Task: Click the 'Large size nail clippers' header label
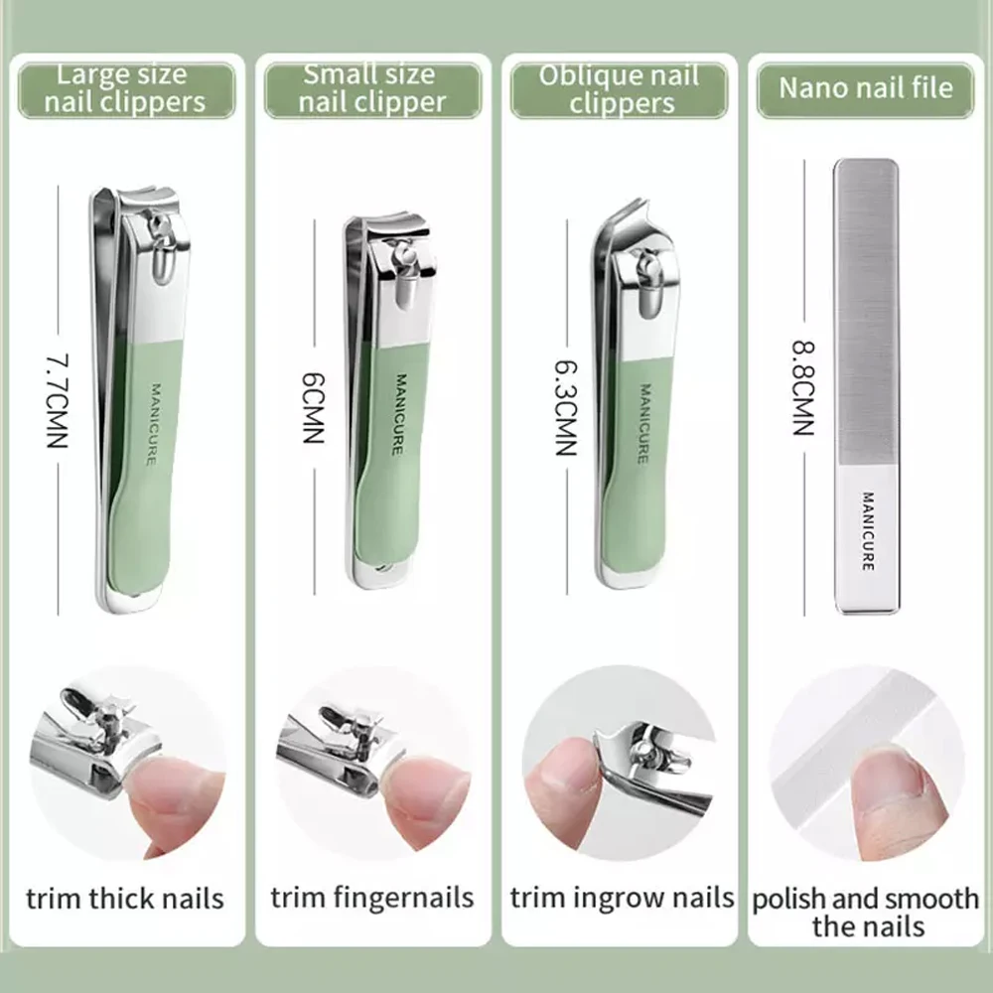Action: pyautogui.click(x=126, y=88)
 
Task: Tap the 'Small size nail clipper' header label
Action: pyautogui.click(x=372, y=88)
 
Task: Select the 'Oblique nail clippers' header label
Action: pyautogui.click(x=619, y=89)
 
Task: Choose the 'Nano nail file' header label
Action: pyautogui.click(x=865, y=87)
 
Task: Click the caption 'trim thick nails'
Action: pyautogui.click(x=125, y=900)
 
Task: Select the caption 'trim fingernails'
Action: pyautogui.click(x=372, y=899)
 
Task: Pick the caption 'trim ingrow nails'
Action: pyautogui.click(x=622, y=899)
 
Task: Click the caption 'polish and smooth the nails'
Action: pyautogui.click(x=866, y=913)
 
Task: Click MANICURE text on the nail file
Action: pyautogui.click(x=867, y=531)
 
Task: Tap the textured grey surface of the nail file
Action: pyautogui.click(x=866, y=308)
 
